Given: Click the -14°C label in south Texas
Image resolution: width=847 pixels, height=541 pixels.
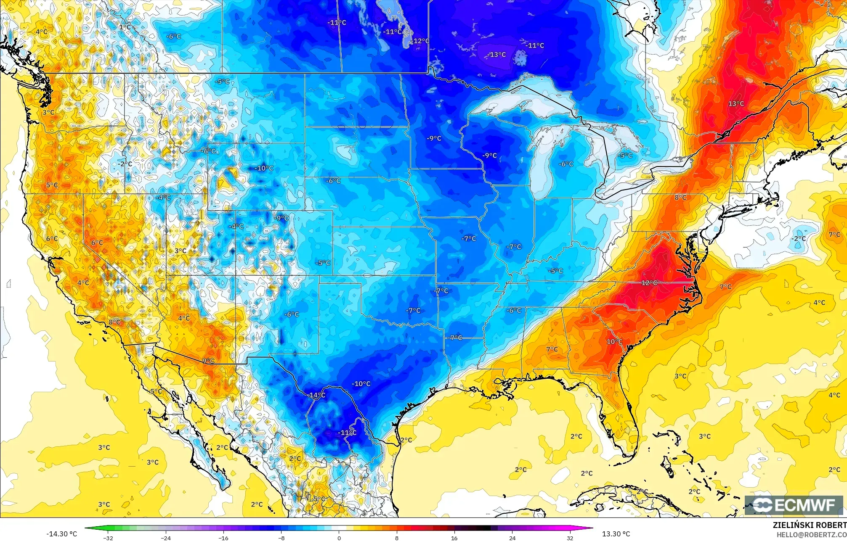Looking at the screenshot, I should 317,395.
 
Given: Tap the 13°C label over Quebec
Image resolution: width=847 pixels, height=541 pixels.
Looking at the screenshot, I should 736,103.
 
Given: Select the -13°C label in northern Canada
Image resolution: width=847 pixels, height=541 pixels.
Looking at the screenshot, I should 497,55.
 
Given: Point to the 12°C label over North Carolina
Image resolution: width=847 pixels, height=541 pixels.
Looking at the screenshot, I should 649,283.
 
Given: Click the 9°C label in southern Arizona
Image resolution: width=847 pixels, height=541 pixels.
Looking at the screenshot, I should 208,361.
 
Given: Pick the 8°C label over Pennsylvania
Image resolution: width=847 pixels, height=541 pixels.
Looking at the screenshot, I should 680,198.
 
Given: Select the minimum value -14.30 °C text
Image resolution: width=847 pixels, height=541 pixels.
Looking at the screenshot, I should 62,534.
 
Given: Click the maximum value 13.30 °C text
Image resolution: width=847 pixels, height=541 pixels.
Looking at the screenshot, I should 616,534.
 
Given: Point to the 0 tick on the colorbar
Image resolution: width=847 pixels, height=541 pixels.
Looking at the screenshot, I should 339,538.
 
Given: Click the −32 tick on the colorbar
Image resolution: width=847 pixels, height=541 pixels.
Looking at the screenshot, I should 109,538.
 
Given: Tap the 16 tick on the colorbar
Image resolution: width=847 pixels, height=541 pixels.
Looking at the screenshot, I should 454,538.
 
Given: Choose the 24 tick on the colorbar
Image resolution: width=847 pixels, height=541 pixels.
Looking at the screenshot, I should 512,538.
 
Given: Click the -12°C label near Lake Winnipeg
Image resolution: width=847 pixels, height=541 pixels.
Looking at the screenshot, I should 421,41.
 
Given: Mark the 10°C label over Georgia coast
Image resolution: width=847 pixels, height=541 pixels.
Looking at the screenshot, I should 614,341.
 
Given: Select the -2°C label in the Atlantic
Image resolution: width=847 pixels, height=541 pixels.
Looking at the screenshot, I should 799,238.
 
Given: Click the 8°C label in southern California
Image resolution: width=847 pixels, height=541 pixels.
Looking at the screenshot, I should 114,322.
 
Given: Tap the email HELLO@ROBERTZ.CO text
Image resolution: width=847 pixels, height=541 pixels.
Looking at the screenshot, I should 812,534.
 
